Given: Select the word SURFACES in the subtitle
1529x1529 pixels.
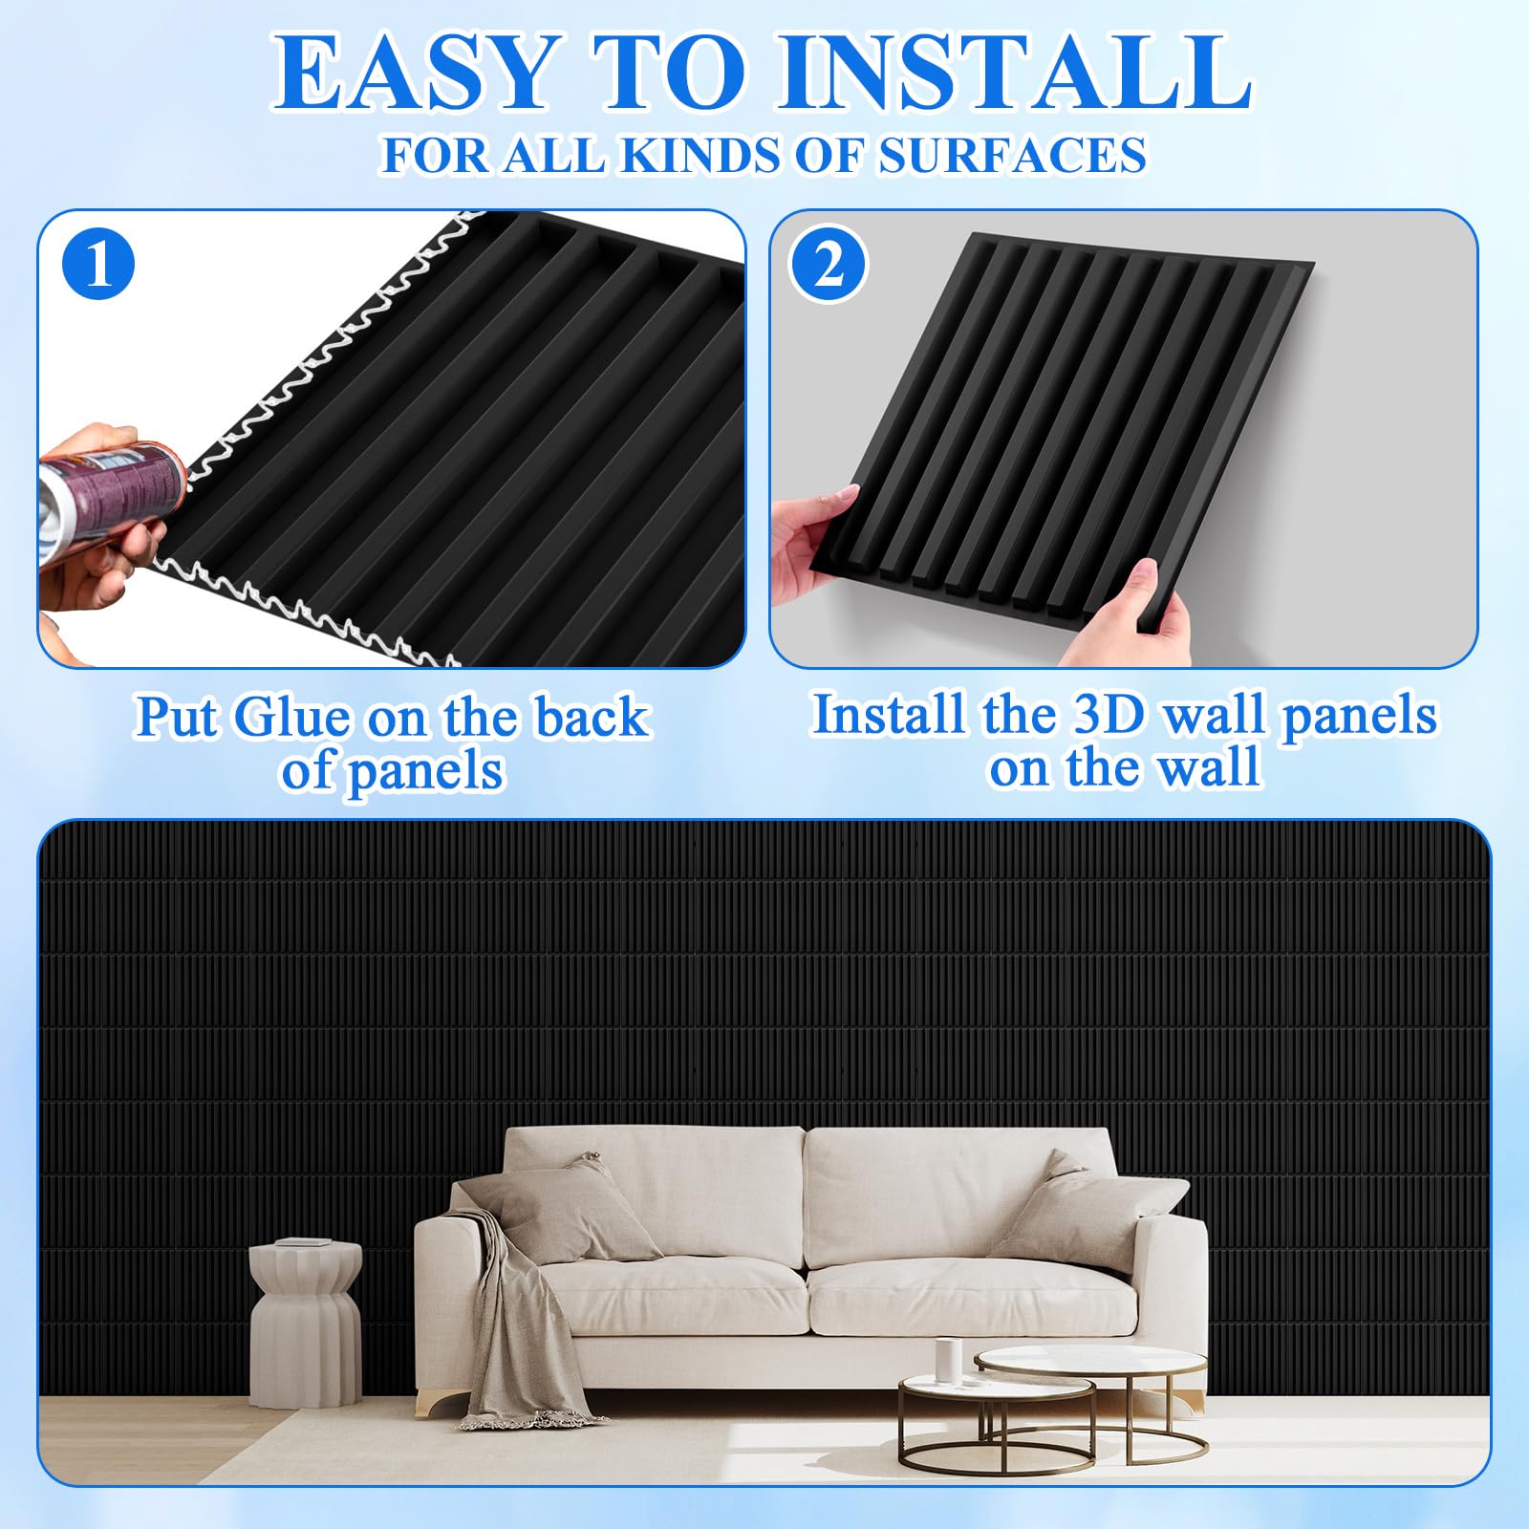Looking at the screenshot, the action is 1012,156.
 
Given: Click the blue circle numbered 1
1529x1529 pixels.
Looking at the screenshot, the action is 98,264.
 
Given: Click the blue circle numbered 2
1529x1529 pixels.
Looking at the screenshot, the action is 829,264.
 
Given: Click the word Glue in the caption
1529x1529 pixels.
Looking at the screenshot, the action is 291,717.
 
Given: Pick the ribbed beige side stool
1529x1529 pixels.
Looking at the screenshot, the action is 306,1324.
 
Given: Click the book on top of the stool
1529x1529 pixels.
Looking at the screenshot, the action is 304,1242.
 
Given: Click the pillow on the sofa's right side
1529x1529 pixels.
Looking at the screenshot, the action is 1089,1209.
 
